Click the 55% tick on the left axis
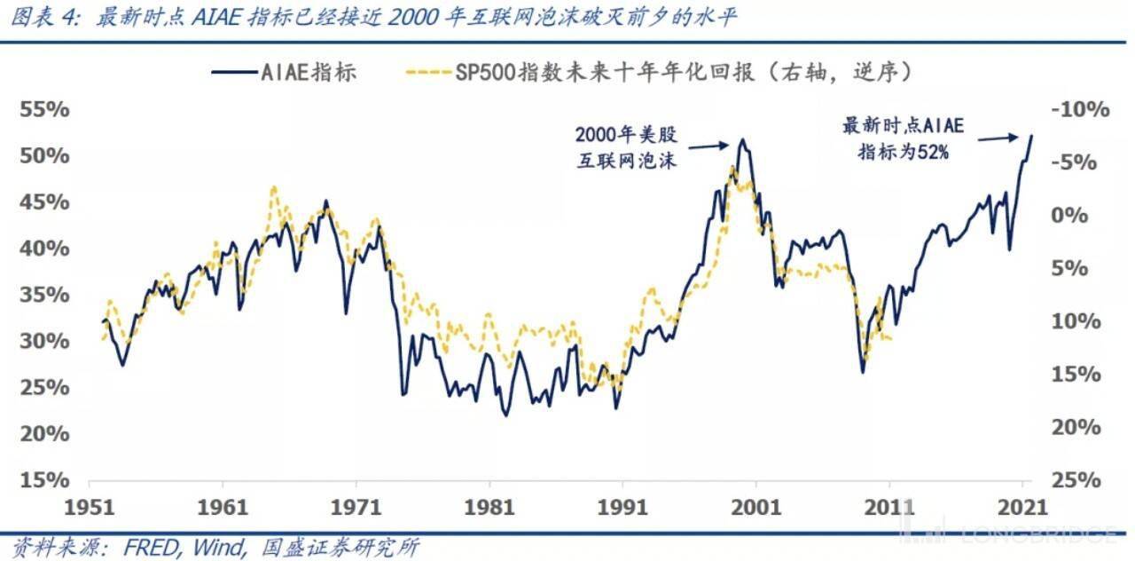pos(45,110)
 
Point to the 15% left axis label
pos(45,480)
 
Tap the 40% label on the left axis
pos(45,249)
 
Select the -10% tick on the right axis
pos(1080,110)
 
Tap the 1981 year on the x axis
pos(489,509)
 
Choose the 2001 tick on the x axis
pos(755,509)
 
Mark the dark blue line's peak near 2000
pos(741,139)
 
